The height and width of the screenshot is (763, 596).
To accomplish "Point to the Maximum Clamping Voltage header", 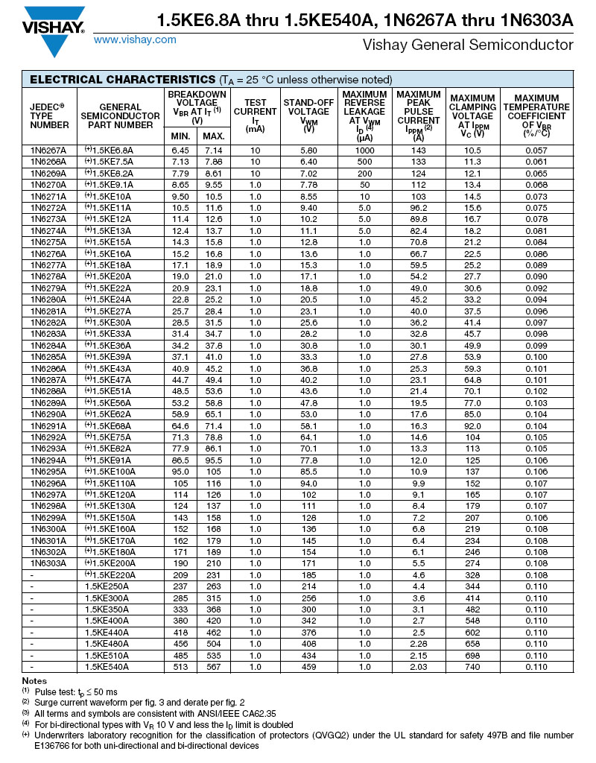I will click(472, 115).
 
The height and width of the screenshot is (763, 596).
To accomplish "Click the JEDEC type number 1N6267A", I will click(48, 150).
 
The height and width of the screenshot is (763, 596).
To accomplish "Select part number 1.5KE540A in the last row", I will click(109, 667).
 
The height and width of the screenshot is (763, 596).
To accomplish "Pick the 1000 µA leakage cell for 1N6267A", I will click(364, 150).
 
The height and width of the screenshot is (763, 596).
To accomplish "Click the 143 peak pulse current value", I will click(418, 150).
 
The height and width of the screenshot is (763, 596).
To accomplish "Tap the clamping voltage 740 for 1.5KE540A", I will click(472, 667).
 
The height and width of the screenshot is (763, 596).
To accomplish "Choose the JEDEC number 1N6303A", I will click(48, 563).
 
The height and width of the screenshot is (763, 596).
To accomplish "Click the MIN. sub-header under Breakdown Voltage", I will click(180, 136).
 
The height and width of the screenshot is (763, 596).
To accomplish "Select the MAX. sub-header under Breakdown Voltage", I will click(214, 136).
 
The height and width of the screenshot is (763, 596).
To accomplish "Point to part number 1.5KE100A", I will click(112, 472).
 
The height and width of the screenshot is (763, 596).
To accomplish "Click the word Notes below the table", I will click(34, 681).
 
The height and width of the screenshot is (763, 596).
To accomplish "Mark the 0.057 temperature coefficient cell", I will click(536, 150).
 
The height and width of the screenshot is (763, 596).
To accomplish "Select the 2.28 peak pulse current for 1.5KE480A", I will click(418, 644).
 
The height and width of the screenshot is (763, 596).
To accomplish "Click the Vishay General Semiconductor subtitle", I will click(468, 45).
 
